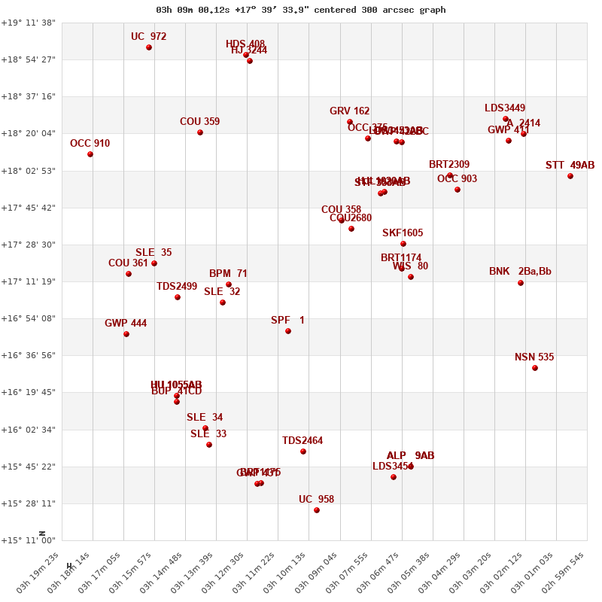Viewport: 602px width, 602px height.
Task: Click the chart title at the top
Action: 300,10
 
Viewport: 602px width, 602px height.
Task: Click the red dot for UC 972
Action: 149,47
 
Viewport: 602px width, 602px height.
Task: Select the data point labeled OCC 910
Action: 90,154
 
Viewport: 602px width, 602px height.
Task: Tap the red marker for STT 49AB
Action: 570,176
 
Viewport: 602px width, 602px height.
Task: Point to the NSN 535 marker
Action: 535,368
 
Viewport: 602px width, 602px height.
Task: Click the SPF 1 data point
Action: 288,331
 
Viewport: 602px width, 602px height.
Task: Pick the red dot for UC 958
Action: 317,510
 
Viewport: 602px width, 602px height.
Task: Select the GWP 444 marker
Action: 126,334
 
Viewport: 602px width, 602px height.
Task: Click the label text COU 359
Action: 199,122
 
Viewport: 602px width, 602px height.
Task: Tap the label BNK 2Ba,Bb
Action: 520,272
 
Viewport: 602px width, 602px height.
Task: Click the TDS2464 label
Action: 303,441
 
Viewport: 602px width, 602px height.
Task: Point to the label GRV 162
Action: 349,111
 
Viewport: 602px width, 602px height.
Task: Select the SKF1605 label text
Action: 403,233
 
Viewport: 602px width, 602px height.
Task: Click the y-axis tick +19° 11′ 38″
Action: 28,23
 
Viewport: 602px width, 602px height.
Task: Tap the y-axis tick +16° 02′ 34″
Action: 28,430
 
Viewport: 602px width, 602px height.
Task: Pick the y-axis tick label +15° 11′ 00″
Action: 28,540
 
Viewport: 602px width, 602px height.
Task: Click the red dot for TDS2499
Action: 178,297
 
